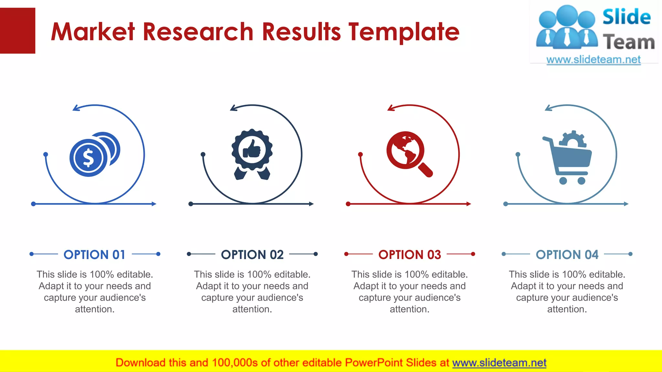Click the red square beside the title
(17, 31)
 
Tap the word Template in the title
(404, 32)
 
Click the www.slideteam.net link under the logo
(593, 60)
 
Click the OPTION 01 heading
(94, 254)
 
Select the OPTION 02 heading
(252, 254)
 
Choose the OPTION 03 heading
(410, 254)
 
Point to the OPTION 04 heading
(567, 254)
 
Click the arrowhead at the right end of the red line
(469, 204)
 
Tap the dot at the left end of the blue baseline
(33, 204)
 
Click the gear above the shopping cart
(573, 139)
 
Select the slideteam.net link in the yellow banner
(499, 363)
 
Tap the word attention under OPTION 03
(409, 309)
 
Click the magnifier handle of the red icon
(426, 170)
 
